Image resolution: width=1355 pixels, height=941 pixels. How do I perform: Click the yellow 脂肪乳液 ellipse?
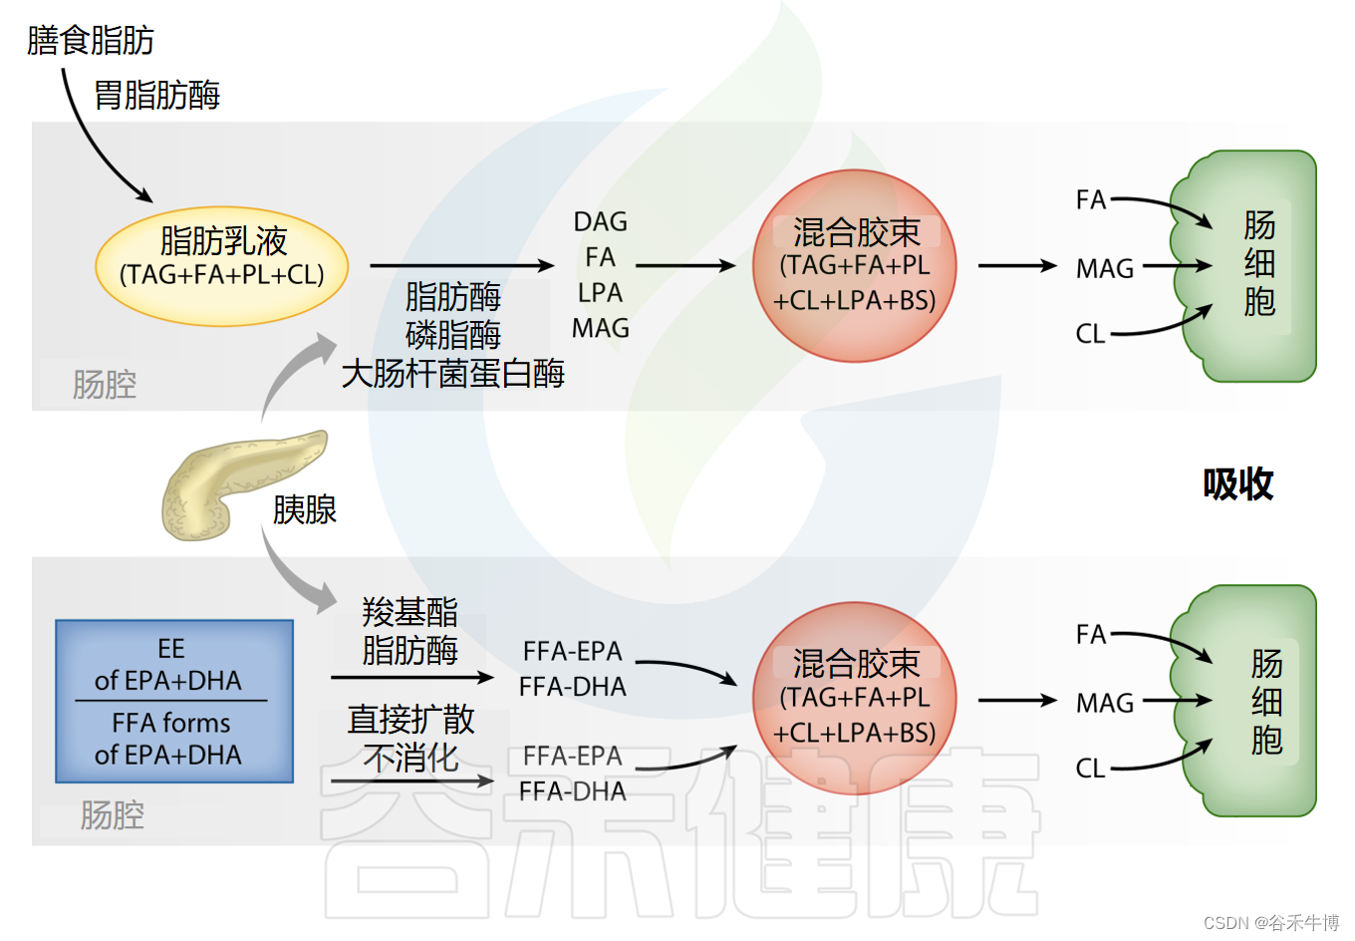tap(222, 266)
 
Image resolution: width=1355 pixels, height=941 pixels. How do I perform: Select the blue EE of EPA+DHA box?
tap(174, 701)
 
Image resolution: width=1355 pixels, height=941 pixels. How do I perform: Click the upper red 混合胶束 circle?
tap(855, 266)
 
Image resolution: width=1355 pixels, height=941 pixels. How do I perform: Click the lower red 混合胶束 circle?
tap(855, 699)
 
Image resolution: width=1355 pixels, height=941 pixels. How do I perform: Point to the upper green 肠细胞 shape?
tap(1250, 266)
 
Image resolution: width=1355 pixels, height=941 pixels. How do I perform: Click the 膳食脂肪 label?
tap(91, 41)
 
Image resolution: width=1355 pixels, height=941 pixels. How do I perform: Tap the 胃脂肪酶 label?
tap(157, 96)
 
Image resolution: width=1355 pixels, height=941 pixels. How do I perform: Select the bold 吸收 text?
tap(1237, 484)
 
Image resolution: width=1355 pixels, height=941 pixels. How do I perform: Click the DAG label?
tap(601, 221)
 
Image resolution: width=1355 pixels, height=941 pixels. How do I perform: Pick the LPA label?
tap(601, 293)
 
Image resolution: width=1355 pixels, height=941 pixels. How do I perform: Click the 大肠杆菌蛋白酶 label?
tap(453, 374)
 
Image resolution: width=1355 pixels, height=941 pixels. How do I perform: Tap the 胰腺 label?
tap(305, 510)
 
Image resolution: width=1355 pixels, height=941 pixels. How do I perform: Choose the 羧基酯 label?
tap(410, 611)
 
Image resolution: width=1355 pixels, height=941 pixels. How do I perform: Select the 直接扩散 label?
tap(410, 719)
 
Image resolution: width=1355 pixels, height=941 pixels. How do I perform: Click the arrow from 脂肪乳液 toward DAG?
tap(461, 266)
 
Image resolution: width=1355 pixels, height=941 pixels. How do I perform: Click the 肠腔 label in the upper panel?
tap(105, 385)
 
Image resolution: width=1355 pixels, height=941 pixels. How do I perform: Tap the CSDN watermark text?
tap(1270, 923)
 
